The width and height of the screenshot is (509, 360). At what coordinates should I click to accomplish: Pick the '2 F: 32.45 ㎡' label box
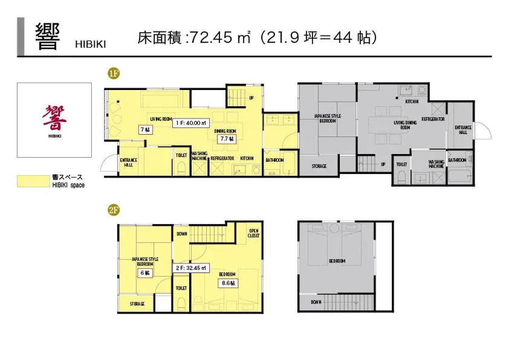coord(191,267)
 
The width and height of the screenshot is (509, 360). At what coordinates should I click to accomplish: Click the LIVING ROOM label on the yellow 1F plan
coord(161,118)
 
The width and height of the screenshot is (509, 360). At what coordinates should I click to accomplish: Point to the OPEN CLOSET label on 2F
coord(254,233)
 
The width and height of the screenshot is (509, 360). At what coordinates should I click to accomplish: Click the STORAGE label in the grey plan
coord(320,166)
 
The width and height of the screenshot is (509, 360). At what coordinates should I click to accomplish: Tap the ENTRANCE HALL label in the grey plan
coord(463,130)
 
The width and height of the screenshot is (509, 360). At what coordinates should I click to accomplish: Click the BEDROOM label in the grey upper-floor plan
coord(337,261)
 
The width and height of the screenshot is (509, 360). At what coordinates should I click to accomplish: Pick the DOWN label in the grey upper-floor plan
coord(316,302)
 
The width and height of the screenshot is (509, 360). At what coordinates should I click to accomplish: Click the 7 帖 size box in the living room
coord(145,129)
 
